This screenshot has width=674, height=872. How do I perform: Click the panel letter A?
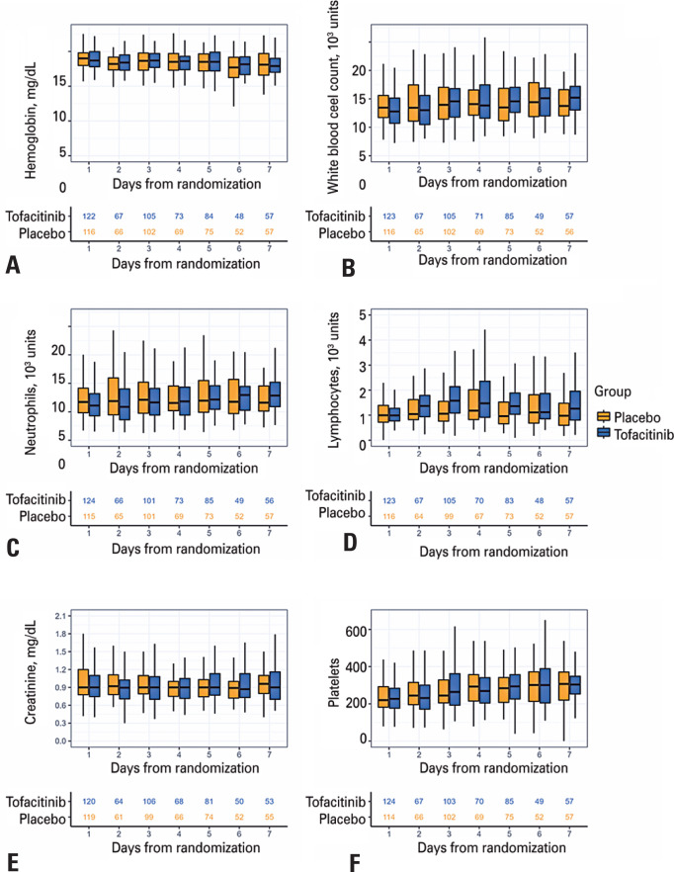click(x=12, y=264)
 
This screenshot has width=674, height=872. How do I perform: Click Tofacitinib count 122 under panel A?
click(x=87, y=216)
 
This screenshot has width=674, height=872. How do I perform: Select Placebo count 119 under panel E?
click(x=87, y=819)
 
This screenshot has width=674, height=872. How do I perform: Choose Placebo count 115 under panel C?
click(x=87, y=516)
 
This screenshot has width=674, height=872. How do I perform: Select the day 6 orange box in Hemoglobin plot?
click(x=233, y=67)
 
